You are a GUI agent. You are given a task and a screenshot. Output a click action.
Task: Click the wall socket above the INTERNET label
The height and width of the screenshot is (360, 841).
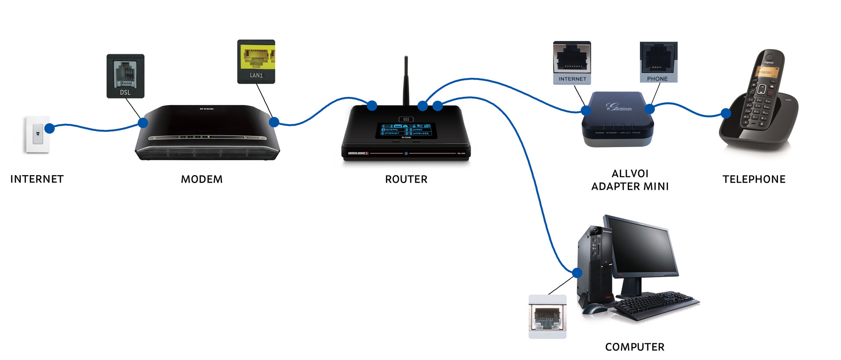coord(38,134)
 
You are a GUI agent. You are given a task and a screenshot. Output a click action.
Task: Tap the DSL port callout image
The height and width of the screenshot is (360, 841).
coord(125,76)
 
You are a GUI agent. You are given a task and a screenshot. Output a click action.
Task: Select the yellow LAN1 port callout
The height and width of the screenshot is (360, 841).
coord(256,62)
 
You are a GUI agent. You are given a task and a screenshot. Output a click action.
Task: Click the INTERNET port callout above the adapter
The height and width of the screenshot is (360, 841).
coord(572,63)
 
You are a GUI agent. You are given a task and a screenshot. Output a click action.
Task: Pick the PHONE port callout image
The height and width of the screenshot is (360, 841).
coord(658,62)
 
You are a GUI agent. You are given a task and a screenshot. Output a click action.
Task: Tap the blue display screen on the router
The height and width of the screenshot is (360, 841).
coord(406,130)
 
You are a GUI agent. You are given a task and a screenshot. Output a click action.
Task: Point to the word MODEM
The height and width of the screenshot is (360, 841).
coord(201,179)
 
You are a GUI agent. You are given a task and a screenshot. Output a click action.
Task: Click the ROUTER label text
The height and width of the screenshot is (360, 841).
coord(406,179)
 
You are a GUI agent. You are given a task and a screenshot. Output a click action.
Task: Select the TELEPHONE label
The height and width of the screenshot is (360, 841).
coord(754,179)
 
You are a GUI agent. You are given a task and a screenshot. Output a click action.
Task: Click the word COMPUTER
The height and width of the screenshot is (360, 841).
coord(635,347)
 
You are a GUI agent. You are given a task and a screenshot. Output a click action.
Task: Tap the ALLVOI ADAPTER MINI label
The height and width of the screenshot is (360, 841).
coord(630,180)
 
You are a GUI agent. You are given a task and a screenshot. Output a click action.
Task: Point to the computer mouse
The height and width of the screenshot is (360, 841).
coord(594,309)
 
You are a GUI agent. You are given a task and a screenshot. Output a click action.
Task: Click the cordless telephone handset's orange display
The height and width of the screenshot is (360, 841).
coord(765,71)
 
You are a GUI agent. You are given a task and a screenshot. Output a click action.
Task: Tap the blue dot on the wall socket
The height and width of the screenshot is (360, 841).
coord(49,128)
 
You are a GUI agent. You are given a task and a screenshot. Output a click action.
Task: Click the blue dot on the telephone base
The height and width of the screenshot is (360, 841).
coord(726,113)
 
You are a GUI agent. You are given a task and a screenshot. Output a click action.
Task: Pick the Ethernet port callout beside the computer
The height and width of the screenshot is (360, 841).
coord(548,317)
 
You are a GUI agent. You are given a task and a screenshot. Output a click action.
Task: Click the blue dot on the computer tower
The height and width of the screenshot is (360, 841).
coord(577,273)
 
